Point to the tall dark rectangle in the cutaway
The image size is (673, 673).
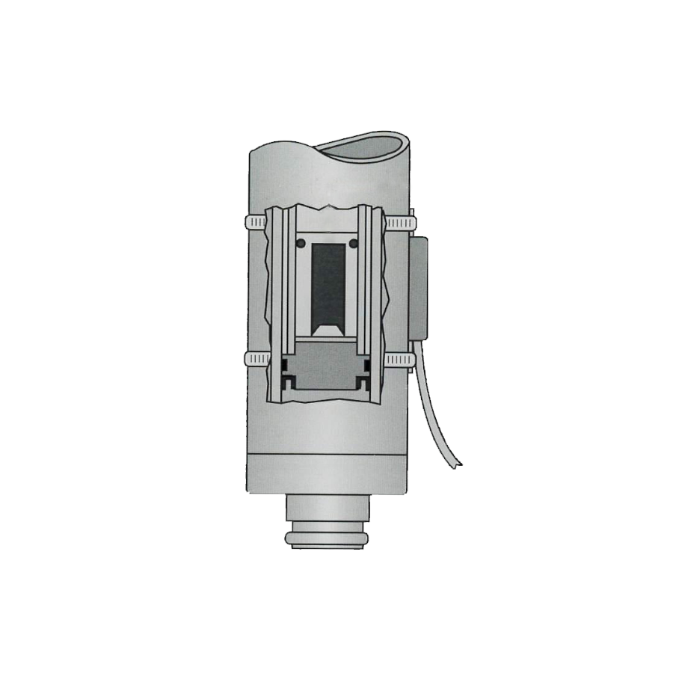pos(328,284)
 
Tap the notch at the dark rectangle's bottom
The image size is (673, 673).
pos(328,329)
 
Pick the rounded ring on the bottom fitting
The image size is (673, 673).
pos(327,538)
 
